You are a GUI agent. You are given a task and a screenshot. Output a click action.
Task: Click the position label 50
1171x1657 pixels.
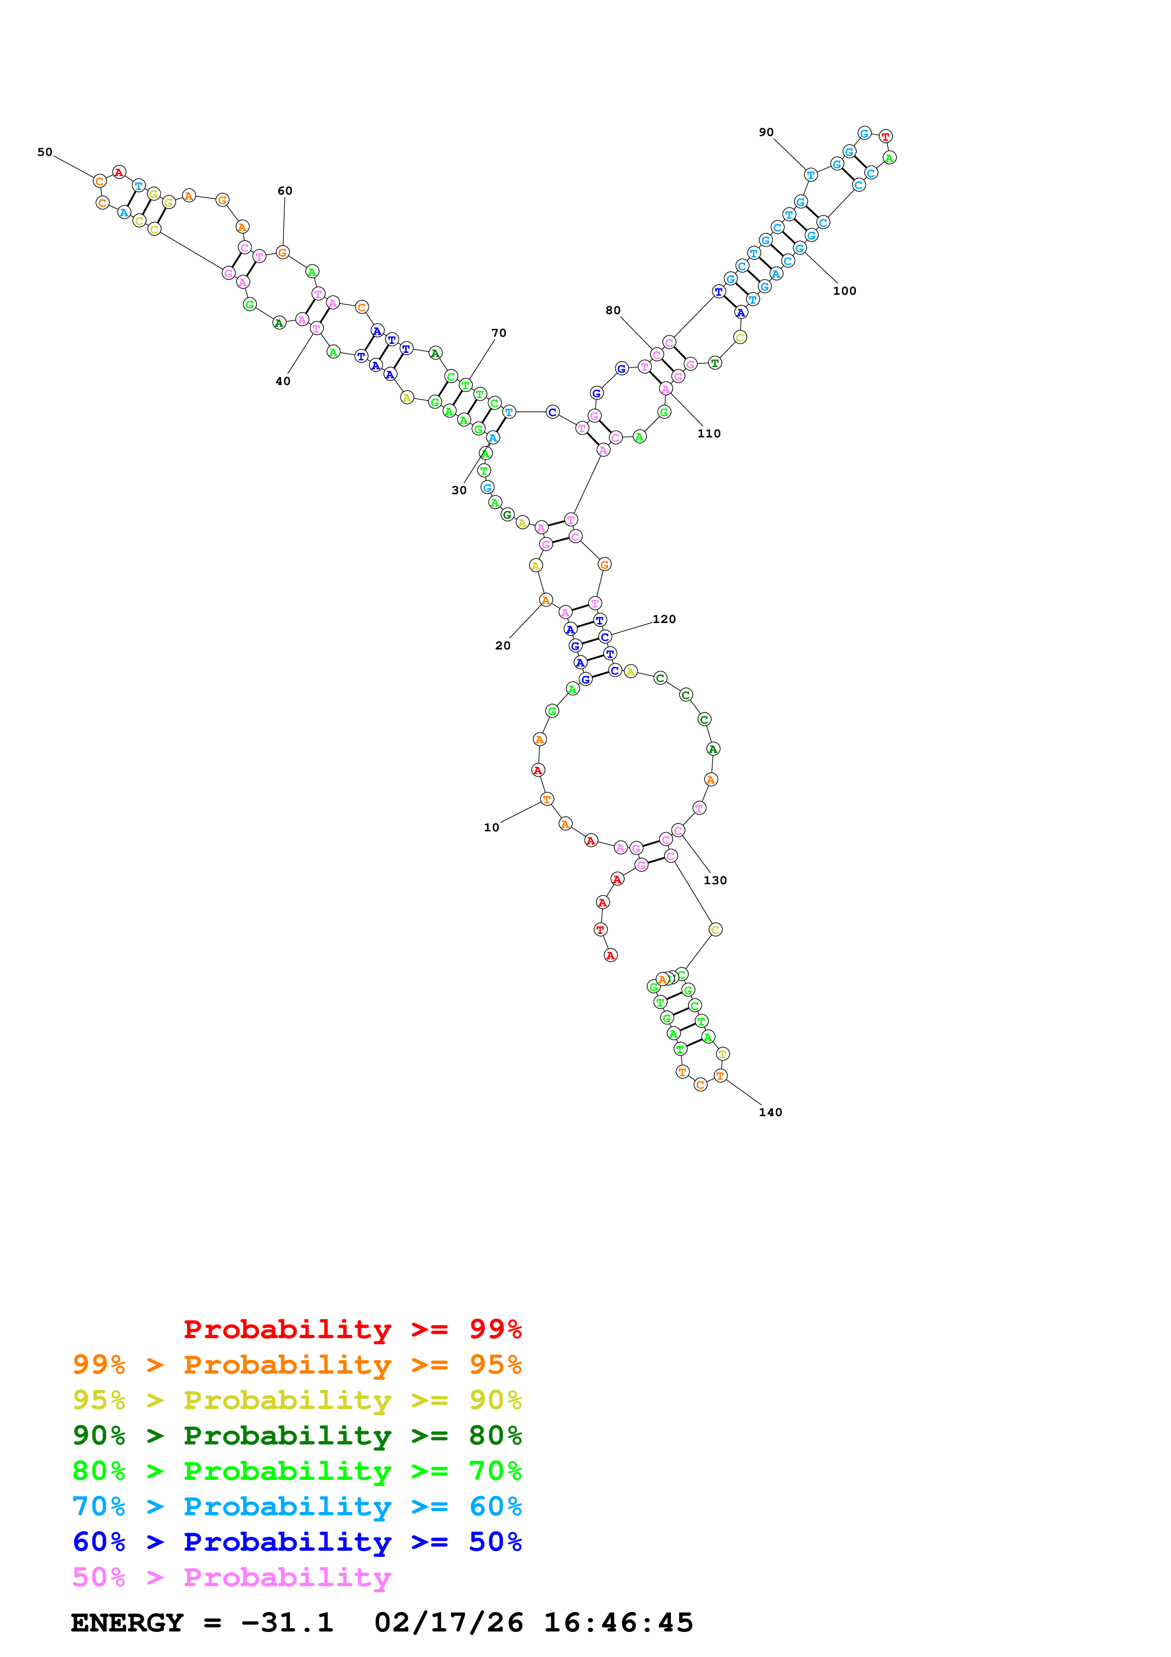pyautogui.click(x=45, y=152)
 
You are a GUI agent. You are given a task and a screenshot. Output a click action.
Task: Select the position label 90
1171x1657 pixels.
pyautogui.click(x=766, y=133)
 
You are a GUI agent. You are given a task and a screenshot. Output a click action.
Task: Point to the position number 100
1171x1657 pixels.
pyautogui.click(x=844, y=291)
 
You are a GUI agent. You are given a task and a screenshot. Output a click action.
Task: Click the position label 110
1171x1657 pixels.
pyautogui.click(x=709, y=434)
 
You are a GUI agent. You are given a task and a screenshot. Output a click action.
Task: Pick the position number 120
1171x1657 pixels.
pyautogui.click(x=664, y=619)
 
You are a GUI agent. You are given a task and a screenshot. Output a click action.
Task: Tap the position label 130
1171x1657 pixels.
pyautogui.click(x=715, y=880)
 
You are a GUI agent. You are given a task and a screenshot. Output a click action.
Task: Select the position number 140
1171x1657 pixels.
pyautogui.click(x=770, y=1112)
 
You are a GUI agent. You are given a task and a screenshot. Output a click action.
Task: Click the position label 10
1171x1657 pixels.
pyautogui.click(x=491, y=828)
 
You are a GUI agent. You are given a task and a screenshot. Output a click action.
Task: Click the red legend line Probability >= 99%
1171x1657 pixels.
pyautogui.click(x=352, y=1329)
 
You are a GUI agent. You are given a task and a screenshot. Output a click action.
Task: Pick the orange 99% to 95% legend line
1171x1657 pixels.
pyautogui.click(x=297, y=1365)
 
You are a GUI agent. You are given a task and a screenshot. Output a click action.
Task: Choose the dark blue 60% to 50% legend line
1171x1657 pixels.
pyautogui.click(x=297, y=1542)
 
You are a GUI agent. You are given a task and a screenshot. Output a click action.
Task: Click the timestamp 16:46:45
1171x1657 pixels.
pyautogui.click(x=618, y=1623)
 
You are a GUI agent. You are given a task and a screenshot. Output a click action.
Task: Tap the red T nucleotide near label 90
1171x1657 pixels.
pyautogui.click(x=885, y=137)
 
